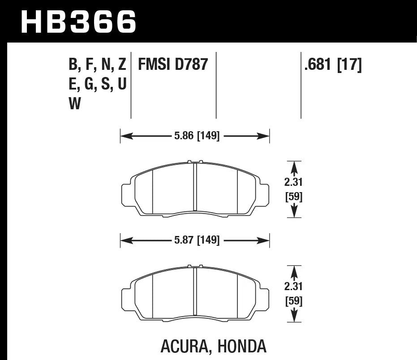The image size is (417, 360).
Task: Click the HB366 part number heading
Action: pyautogui.click(x=79, y=21)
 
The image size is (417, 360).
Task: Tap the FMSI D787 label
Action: pyautogui.click(x=173, y=65)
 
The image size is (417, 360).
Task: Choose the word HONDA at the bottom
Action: pyautogui.click(x=242, y=346)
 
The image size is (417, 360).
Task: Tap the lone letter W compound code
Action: pyautogui.click(x=75, y=104)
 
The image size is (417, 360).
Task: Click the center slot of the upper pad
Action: pyautogui.click(x=195, y=187)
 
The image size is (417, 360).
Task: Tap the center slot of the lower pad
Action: pyautogui.click(x=195, y=291)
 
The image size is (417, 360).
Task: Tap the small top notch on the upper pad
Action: pyautogui.click(x=195, y=162)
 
